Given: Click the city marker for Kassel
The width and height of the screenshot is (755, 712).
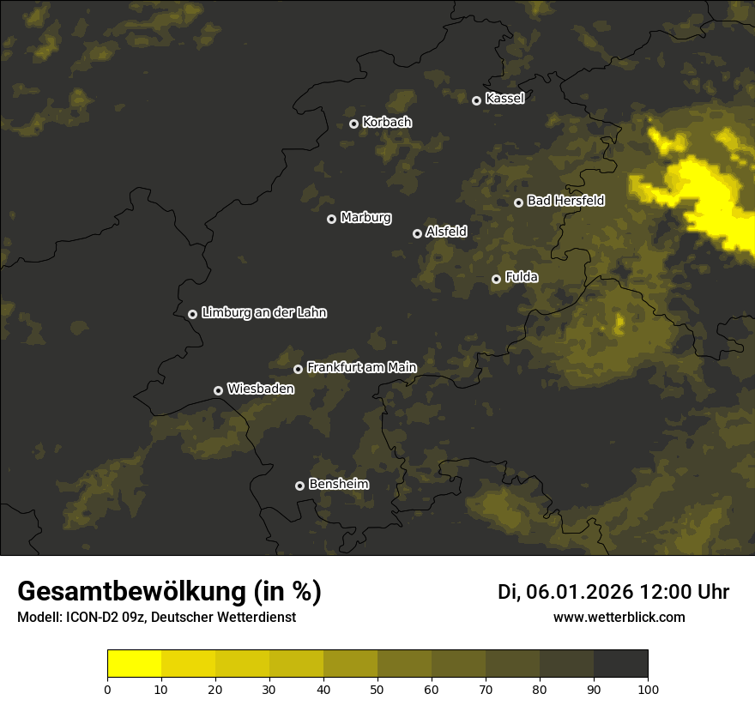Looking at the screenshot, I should point(476,100).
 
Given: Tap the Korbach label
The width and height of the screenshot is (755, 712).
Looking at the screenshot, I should point(387,123).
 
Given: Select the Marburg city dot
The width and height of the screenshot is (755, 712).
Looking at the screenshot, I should point(331,219).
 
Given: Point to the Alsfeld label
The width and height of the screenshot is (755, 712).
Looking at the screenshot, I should point(446,232).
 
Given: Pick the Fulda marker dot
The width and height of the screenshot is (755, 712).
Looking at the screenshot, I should point(496,279).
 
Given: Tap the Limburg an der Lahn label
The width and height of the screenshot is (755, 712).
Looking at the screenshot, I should point(264,313).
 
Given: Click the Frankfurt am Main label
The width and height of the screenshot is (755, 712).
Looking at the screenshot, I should point(361,367).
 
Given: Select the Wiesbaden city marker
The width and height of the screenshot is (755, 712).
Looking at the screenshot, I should point(218,390).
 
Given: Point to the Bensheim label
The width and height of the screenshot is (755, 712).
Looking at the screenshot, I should point(339,484).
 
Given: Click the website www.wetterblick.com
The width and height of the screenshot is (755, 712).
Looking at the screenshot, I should point(619,617).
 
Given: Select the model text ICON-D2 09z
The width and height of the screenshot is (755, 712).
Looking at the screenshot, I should point(101,618).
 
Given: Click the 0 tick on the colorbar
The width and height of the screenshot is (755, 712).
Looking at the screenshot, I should point(107,688).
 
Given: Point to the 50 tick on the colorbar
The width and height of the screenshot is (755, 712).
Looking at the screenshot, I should point(377,688).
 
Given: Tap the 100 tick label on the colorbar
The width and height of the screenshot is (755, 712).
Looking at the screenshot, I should point(648,688).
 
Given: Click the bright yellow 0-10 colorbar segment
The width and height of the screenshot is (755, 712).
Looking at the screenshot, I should point(134,664).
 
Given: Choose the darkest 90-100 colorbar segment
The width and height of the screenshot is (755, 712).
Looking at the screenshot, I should point(620,664).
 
